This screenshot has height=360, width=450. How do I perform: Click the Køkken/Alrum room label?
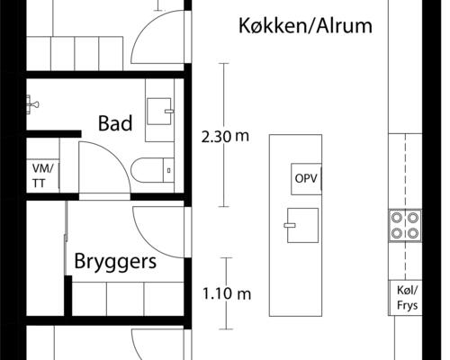(306, 25)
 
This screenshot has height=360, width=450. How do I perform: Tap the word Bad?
(115, 123)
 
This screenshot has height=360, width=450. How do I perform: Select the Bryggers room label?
(115, 263)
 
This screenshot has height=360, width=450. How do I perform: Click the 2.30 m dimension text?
(226, 137)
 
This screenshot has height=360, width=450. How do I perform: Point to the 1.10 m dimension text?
(226, 293)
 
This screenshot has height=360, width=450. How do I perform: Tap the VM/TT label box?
(42, 175)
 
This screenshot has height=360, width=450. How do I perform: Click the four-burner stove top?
(405, 224)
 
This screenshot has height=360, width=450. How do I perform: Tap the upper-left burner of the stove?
(397, 216)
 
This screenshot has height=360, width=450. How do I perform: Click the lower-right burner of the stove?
(413, 232)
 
